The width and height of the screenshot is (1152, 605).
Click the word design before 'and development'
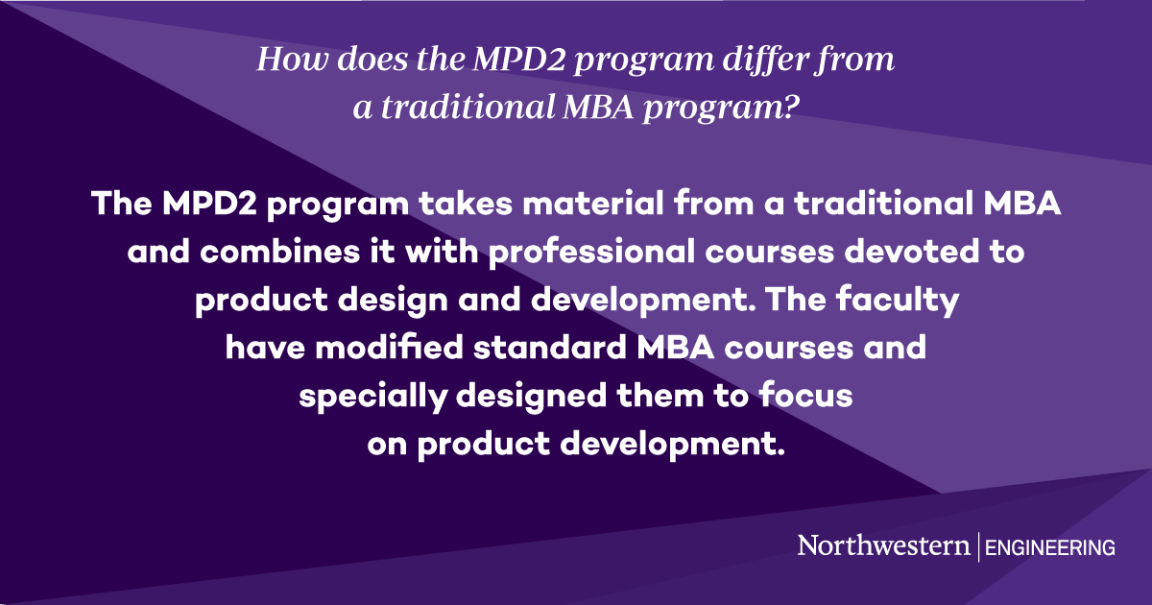(x=385, y=302)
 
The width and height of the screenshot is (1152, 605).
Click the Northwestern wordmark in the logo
(x=883, y=546)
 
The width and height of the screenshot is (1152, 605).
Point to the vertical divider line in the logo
(x=977, y=546)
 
